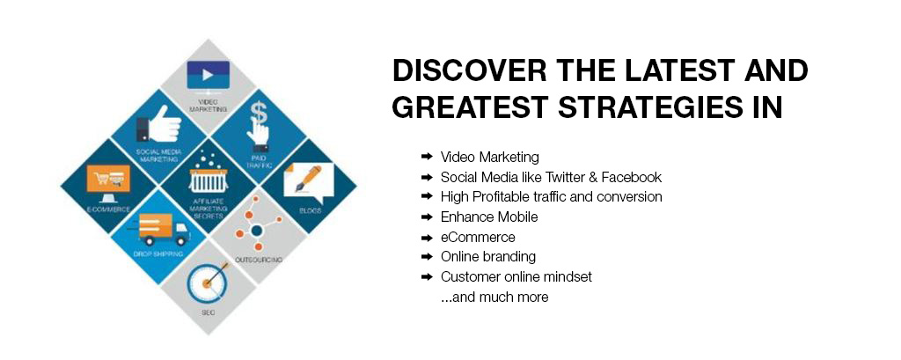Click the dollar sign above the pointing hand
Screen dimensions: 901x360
258,108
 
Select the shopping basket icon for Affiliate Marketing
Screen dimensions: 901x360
208,174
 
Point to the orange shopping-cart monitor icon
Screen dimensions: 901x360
108,182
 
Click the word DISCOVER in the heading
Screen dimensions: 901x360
470,71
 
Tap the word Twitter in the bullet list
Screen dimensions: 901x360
557,177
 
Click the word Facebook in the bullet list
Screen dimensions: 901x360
632,177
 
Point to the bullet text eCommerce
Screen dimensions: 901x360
478,237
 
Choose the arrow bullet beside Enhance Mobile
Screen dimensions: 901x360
427,217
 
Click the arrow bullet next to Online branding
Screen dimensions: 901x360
427,256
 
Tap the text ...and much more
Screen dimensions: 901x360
494,298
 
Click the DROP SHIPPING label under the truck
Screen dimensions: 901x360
158,253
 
